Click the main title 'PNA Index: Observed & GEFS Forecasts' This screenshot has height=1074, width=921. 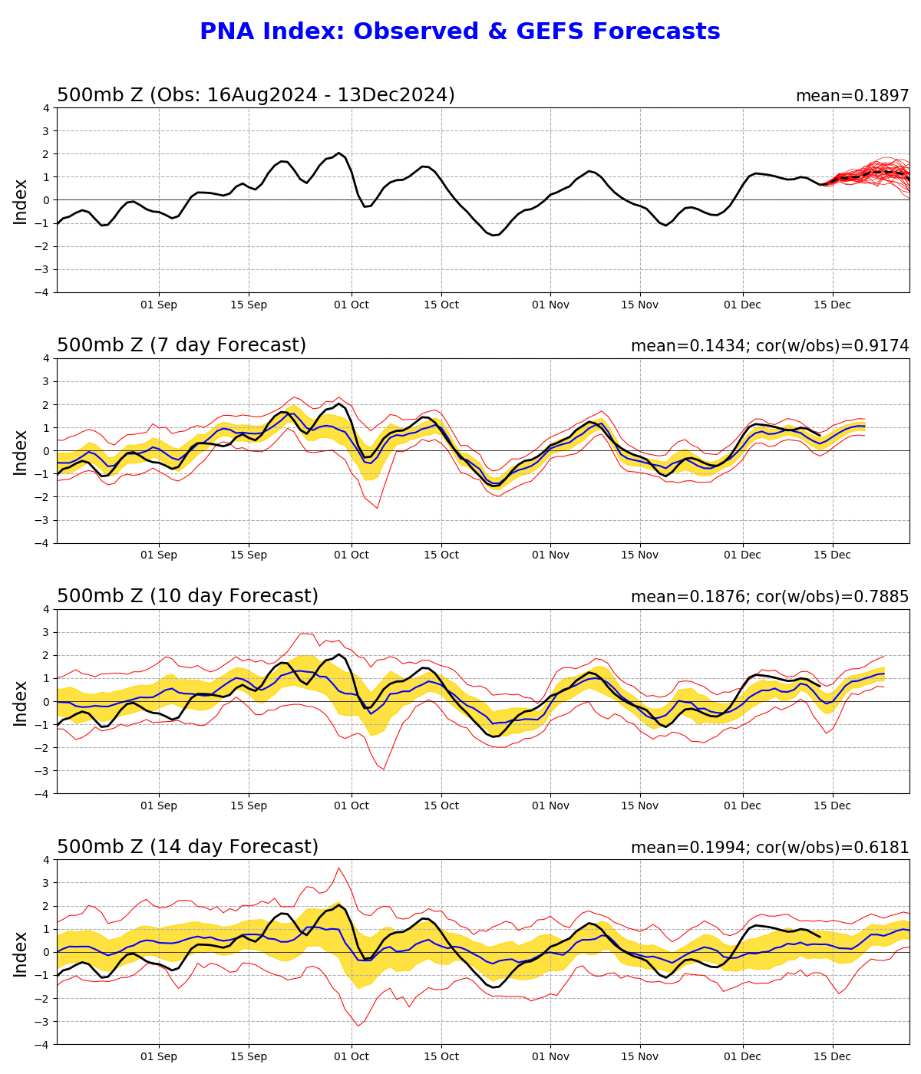click(x=460, y=32)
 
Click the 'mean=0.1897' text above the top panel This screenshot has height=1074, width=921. click(x=852, y=97)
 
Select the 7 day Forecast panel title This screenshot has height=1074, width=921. click(x=181, y=346)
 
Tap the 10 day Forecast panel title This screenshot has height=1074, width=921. click(x=187, y=597)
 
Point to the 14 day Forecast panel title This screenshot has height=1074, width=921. click(x=187, y=848)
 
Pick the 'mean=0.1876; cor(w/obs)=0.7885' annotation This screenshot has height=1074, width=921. click(x=769, y=598)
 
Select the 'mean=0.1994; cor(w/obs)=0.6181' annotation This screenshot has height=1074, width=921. click(x=769, y=848)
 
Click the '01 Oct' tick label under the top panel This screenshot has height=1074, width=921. click(x=352, y=305)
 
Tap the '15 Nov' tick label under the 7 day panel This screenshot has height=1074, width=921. click(x=639, y=555)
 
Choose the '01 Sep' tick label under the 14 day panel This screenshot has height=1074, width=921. click(x=159, y=1057)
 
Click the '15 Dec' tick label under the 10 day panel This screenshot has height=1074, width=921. click(x=832, y=806)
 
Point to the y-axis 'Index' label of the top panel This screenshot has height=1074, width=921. click(x=21, y=201)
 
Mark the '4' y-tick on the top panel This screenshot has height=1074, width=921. click(x=47, y=108)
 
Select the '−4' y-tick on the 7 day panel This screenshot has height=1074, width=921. click(x=44, y=543)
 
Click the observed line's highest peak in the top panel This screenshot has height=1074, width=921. click(x=338, y=153)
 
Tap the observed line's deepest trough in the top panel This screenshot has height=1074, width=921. click(x=494, y=235)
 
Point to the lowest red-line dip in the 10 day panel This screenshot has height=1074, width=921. click(x=384, y=769)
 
